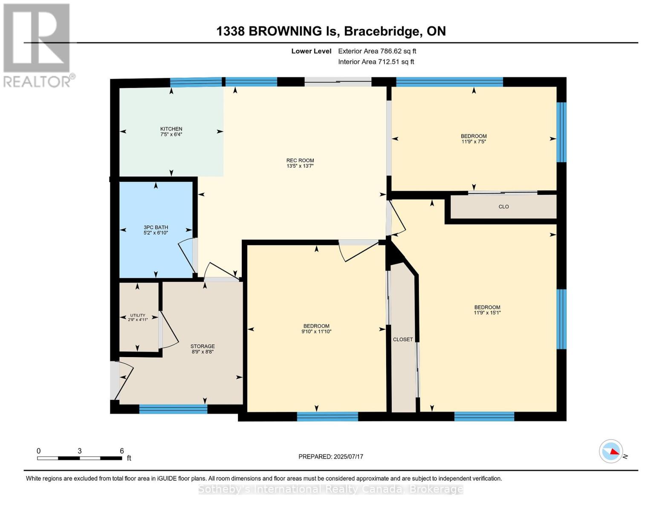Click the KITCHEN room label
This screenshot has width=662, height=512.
click(171, 129)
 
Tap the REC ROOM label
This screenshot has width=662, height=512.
click(300, 161)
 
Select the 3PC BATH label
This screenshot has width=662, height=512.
click(156, 227)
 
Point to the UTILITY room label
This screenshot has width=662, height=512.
click(138, 315)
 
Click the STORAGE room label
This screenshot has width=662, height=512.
click(202, 346)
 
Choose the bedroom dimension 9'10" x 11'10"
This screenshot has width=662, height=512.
click(316, 332)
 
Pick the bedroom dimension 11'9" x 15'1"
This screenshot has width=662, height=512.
click(487, 313)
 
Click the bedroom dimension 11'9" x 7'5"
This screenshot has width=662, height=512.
click(474, 142)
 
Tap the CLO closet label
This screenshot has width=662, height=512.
click(503, 207)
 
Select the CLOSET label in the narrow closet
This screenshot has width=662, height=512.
click(403, 340)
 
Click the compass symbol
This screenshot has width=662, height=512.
click(611, 451)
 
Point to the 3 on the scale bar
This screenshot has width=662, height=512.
click(80, 451)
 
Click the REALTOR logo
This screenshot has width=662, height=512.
click(37, 45)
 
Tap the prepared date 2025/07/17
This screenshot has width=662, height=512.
click(348, 457)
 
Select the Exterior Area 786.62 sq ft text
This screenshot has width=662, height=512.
click(377, 51)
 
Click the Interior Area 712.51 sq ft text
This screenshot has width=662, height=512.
click(376, 62)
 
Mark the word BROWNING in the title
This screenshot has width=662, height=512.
click(285, 31)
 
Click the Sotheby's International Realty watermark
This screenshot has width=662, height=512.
click(331, 489)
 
